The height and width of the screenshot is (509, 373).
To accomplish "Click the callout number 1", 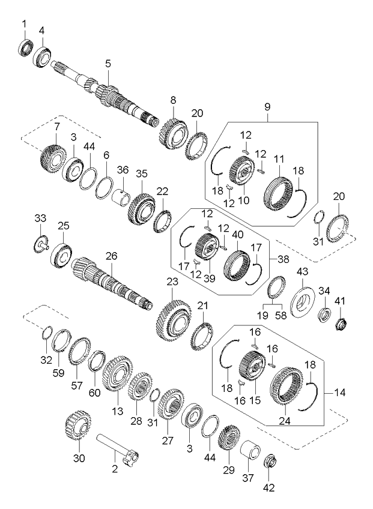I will tap(25, 23).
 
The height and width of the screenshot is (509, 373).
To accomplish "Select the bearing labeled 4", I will tap(42, 56).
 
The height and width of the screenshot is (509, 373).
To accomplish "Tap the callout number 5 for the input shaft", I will tap(108, 63).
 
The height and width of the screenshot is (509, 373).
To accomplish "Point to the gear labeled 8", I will tap(174, 130).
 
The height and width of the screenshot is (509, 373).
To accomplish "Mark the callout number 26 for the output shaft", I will tap(112, 256).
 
